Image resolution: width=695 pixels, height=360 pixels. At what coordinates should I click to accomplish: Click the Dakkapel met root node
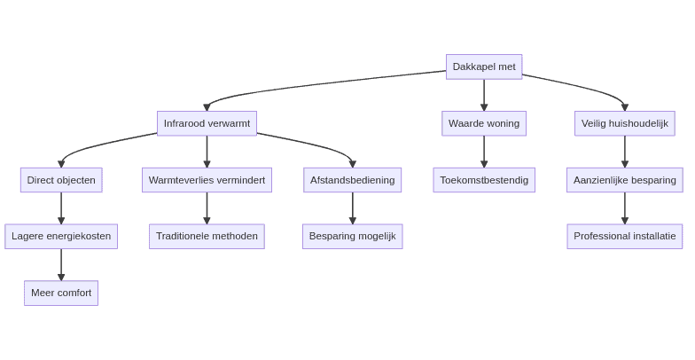point(483,67)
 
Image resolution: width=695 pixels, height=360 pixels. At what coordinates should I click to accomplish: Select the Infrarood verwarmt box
point(207,123)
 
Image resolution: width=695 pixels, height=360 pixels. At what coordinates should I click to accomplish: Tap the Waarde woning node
point(483,123)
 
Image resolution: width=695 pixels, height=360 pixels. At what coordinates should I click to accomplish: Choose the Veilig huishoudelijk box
point(624,123)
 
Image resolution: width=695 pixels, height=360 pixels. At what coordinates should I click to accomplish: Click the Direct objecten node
point(61,180)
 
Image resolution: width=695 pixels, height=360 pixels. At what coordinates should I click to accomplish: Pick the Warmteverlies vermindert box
point(207,180)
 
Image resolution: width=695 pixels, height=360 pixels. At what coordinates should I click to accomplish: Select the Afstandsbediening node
point(352,180)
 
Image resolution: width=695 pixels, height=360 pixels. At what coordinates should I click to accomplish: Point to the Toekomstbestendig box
point(483,180)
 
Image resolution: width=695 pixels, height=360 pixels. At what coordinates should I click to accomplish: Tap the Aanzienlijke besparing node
point(624,180)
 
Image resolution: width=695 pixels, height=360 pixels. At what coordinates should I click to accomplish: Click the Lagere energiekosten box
point(61,236)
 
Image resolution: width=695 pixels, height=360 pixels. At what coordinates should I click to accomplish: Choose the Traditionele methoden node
point(207,236)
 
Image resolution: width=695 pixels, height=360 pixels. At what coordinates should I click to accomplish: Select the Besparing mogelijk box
point(352,236)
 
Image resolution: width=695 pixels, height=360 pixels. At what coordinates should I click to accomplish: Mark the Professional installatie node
point(624,236)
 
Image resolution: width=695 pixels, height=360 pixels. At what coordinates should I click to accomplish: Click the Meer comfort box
point(61,293)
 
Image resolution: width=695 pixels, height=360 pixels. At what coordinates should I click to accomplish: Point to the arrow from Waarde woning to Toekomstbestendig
point(484,152)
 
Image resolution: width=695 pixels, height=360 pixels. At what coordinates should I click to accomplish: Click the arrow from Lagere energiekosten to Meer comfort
point(61,264)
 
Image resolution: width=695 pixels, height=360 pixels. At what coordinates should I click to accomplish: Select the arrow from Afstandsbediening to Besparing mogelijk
point(352,208)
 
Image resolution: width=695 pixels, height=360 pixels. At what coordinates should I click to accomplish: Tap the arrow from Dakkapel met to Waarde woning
point(484,95)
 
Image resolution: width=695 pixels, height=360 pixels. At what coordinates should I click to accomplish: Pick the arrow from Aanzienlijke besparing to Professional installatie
point(624,208)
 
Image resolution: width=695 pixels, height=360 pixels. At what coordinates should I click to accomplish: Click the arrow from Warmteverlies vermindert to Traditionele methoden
point(207,208)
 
